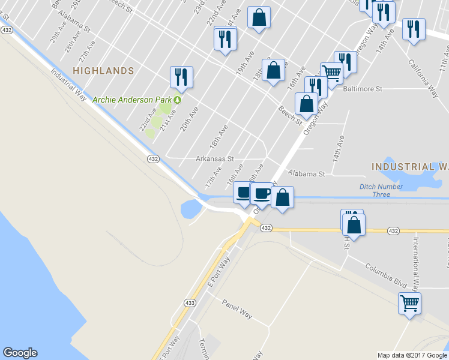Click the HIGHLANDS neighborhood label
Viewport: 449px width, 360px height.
coord(103,71)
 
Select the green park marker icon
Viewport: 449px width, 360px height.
coord(178,99)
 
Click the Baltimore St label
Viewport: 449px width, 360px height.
coord(363,89)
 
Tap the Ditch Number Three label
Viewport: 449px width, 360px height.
coord(381,190)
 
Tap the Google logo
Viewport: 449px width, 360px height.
coord(20,353)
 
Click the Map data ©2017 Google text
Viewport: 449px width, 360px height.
coord(412,355)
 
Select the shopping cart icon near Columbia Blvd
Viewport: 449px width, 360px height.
coord(409,304)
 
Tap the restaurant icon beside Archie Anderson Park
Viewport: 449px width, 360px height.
coord(181,76)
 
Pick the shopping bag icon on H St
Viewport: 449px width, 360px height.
coord(354,224)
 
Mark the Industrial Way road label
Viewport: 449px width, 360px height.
coord(68,83)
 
